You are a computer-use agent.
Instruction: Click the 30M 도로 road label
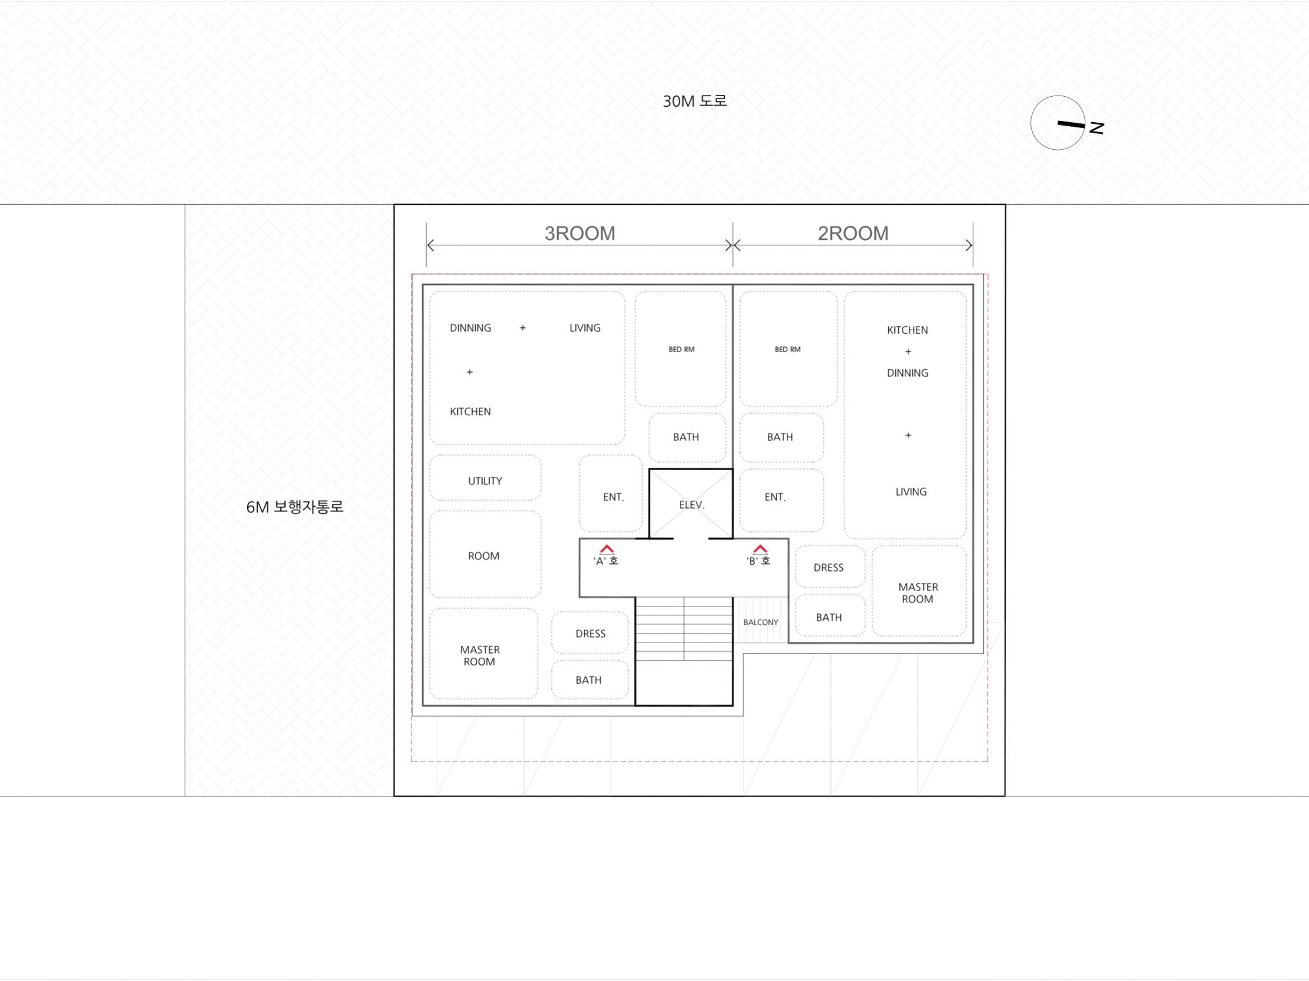[695, 101]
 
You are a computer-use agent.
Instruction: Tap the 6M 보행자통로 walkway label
[294, 507]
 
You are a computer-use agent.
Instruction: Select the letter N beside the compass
[1097, 128]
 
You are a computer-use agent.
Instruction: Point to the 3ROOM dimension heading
[580, 234]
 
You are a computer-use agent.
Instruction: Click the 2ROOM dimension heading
[853, 234]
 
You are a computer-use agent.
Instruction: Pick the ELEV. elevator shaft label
[692, 505]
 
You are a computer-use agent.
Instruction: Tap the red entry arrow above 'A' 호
[607, 549]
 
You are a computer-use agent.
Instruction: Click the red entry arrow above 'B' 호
[760, 549]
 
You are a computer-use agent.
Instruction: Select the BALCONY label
[761, 622]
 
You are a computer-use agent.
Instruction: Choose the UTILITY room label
[485, 481]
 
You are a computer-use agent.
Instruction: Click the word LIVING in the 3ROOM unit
[585, 328]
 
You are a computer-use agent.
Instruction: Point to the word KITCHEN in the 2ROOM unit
[907, 330]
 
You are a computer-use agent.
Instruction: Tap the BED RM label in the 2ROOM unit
[788, 349]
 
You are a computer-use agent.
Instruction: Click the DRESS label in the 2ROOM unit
[829, 567]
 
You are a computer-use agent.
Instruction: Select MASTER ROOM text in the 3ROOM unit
[480, 656]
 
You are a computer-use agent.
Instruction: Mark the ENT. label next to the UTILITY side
[614, 497]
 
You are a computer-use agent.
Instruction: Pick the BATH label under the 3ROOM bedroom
[686, 438]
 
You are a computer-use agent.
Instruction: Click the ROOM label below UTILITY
[483, 556]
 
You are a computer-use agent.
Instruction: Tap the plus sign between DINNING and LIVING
[522, 327]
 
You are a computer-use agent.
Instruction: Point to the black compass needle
[1072, 124]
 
